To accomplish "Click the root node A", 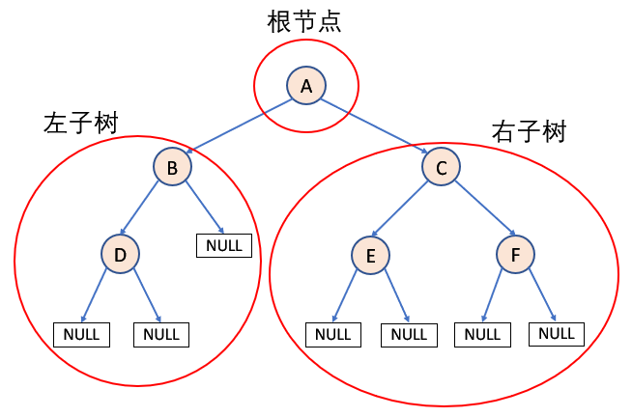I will click(306, 86).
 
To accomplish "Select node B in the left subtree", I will click(172, 168).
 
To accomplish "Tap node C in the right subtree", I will click(441, 168).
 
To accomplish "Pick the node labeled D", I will click(120, 254).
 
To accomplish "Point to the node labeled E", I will click(370, 255).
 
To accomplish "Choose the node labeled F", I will click(515, 255).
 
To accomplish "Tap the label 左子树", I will click(80, 123).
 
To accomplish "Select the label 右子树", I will click(529, 131).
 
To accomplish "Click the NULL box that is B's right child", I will click(224, 245).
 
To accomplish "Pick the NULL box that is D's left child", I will click(81, 334).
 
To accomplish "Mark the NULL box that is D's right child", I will click(161, 334).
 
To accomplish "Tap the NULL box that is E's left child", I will click(333, 334).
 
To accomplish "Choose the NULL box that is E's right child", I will click(409, 334).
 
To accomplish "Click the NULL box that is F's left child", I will click(482, 334).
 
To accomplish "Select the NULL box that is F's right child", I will click(556, 333).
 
